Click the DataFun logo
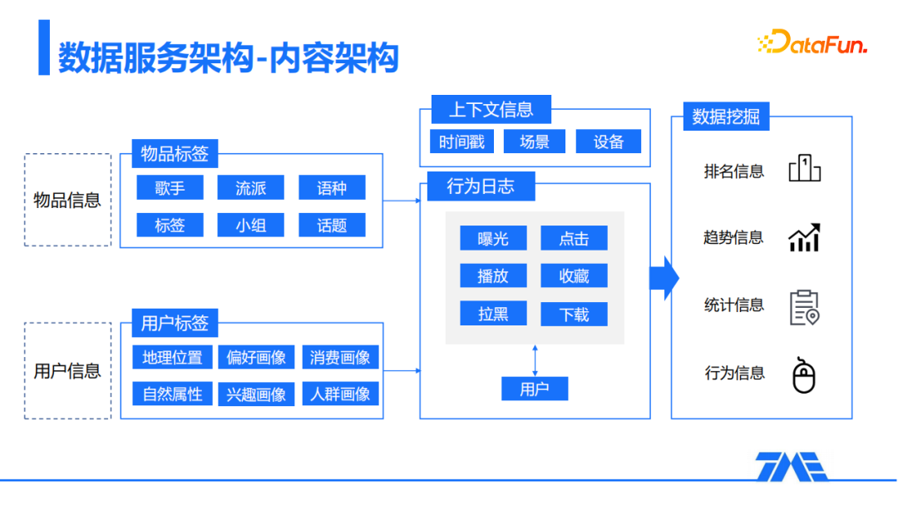(812, 42)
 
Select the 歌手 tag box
(170, 188)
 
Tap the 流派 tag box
(250, 188)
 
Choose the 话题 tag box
(332, 225)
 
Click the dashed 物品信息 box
(67, 200)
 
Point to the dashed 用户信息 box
(67, 370)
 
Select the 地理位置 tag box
(172, 357)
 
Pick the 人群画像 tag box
(340, 394)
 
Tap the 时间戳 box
(462, 141)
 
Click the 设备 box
(609, 141)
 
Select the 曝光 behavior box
(493, 239)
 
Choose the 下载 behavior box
(574, 314)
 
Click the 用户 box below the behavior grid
(535, 389)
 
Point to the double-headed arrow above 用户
(535, 360)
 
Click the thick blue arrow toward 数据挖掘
(664, 277)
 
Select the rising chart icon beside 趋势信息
(804, 238)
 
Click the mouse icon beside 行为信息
(804, 375)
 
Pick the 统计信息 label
(733, 305)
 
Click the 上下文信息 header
(491, 109)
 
